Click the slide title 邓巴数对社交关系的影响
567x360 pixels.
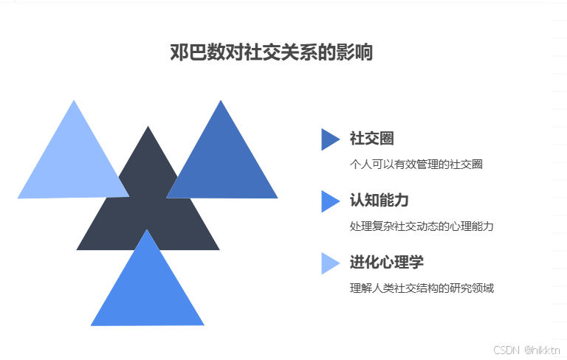(x=272, y=54)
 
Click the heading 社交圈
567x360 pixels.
(x=371, y=139)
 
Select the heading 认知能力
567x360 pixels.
(x=379, y=201)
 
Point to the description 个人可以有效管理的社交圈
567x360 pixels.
(x=416, y=164)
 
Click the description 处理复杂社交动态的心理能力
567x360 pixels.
(x=422, y=226)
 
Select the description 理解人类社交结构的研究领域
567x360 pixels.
(x=422, y=288)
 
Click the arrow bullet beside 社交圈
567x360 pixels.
(x=329, y=139)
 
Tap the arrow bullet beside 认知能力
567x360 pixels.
(x=329, y=201)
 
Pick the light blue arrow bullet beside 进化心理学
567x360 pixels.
(x=329, y=263)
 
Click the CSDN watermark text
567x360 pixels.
(x=506, y=350)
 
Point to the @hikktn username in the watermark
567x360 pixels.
(x=542, y=350)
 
